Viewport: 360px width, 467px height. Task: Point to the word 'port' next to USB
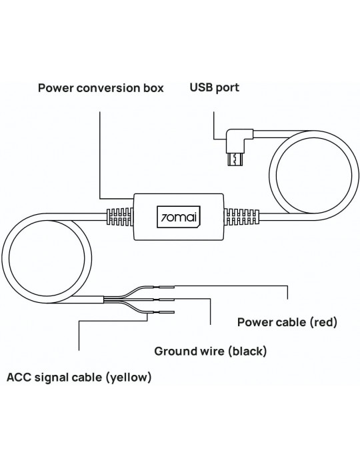[x=227, y=88]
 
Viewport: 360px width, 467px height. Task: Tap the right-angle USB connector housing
[x=239, y=140]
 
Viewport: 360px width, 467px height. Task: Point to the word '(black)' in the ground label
[x=247, y=352]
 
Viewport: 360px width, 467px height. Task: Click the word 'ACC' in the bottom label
[x=19, y=378]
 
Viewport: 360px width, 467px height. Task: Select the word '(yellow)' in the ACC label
[x=129, y=378]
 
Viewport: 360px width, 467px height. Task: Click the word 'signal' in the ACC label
[x=53, y=378]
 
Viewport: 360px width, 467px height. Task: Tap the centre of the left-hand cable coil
[x=47, y=258]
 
